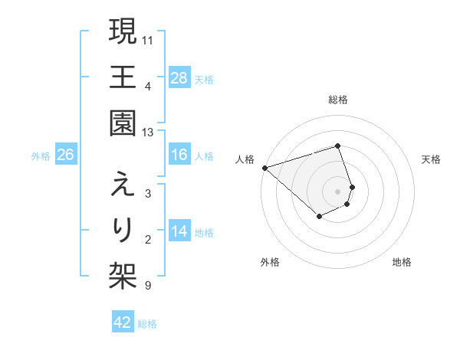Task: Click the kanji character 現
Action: tap(123, 32)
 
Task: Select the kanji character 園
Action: tap(123, 122)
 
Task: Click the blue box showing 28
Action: tap(179, 78)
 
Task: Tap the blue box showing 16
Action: tap(179, 155)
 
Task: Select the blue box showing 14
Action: tap(179, 232)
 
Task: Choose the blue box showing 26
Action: tap(65, 155)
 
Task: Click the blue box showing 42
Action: tap(123, 323)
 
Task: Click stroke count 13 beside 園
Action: tap(148, 133)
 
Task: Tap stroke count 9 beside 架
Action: tap(148, 286)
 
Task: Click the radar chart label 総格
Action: tap(338, 100)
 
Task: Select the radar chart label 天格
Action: tap(432, 159)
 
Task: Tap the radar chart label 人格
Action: tap(245, 159)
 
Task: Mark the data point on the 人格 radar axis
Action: tap(264, 167)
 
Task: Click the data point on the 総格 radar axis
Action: tap(338, 146)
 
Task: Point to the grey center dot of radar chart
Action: tap(338, 191)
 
